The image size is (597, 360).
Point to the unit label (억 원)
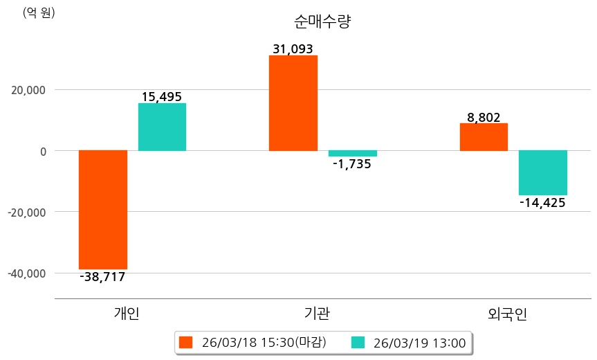tap(39, 12)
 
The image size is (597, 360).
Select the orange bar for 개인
tap(103, 209)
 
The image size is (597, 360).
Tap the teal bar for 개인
tap(162, 127)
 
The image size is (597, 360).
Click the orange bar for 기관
tap(293, 102)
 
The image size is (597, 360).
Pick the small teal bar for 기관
tap(352, 153)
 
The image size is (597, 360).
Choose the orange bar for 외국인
tap(484, 136)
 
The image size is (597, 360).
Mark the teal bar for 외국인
tap(543, 172)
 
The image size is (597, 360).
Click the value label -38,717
tap(102, 277)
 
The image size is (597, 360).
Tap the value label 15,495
tap(162, 97)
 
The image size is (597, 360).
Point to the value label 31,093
tap(293, 49)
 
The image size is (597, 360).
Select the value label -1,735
tap(352, 164)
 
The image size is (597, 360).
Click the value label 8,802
tap(484, 118)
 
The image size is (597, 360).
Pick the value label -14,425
tap(542, 203)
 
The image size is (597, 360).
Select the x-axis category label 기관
tap(317, 314)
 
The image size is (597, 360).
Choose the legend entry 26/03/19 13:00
tap(410, 343)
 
